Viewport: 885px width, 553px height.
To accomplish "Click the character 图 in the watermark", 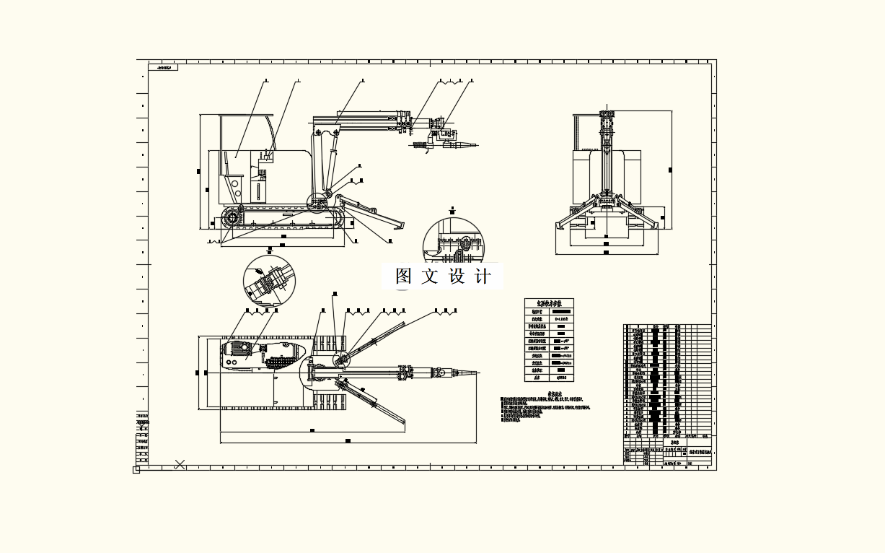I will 404,276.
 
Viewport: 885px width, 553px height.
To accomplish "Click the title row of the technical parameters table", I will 549,303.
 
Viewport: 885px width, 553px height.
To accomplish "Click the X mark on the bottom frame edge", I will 180,465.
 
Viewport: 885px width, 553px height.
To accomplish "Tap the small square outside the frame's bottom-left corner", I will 136,470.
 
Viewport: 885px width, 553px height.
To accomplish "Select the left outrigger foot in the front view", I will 560,225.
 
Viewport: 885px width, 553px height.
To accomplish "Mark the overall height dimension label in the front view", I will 670,170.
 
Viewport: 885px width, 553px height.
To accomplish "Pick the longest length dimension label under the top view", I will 348,440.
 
